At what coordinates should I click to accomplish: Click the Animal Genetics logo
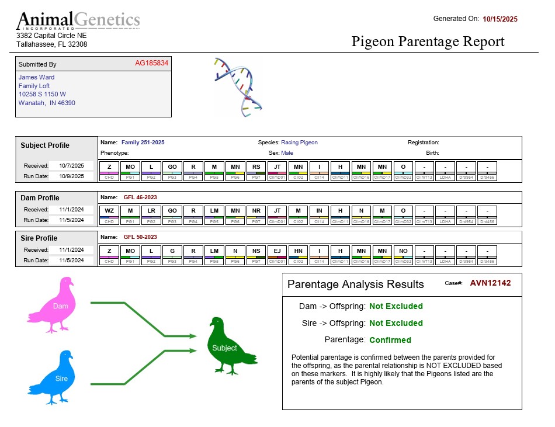pyautogui.click(x=78, y=20)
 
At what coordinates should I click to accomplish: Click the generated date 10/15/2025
pyautogui.click(x=500, y=19)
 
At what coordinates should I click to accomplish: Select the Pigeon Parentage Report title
pyautogui.click(x=428, y=41)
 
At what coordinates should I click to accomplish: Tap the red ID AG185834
pyautogui.click(x=151, y=63)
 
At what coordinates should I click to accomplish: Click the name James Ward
pyautogui.click(x=36, y=77)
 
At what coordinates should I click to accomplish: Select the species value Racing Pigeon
pyautogui.click(x=299, y=143)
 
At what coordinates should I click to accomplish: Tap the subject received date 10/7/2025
pyautogui.click(x=71, y=165)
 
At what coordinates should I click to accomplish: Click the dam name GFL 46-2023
pyautogui.click(x=140, y=197)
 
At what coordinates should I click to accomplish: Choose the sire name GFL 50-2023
pyautogui.click(x=140, y=237)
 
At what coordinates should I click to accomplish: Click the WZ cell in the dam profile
pyautogui.click(x=109, y=210)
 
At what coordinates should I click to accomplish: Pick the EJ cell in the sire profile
pyautogui.click(x=277, y=251)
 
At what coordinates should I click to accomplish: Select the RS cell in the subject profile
pyautogui.click(x=256, y=167)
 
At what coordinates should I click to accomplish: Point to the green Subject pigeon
pyautogui.click(x=229, y=346)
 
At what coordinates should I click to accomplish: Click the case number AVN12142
pyautogui.click(x=490, y=283)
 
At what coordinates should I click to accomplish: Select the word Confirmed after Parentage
pyautogui.click(x=390, y=340)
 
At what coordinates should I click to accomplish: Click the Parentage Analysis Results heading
pyautogui.click(x=356, y=284)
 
